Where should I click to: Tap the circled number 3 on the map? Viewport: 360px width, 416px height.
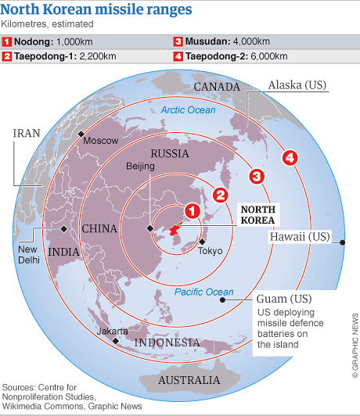tap(255, 175)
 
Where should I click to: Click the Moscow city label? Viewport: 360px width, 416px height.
tap(101, 141)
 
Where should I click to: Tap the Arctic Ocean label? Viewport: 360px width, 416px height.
tap(187, 110)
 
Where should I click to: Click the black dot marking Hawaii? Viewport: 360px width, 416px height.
tap(344, 242)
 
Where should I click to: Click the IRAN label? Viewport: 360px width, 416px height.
tap(25, 133)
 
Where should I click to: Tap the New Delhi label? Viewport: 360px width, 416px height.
tap(28, 254)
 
